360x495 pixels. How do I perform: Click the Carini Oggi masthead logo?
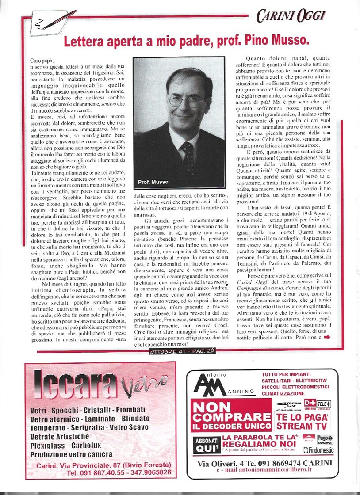pos(291,16)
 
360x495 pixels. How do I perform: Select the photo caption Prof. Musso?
pos(153,182)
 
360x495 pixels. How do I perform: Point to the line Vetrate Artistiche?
pos(59,437)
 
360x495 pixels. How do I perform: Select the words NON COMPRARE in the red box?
pos(231,412)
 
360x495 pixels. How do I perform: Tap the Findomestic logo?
pos(318,450)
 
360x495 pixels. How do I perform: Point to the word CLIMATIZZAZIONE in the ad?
pos(289,393)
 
